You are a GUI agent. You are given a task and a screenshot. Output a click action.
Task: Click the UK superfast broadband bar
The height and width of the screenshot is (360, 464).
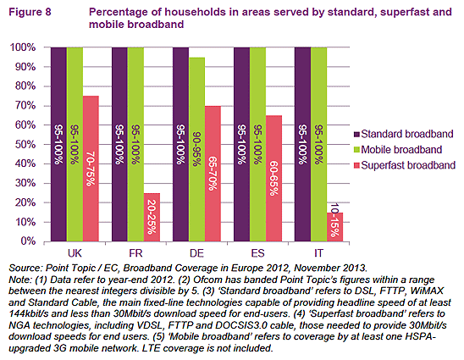pyautogui.click(x=91, y=169)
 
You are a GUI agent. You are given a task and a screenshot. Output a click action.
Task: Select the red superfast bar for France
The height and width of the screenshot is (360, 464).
pyautogui.click(x=152, y=218)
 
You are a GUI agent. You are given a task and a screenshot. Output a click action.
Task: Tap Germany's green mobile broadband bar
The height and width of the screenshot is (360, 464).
pyautogui.click(x=196, y=149)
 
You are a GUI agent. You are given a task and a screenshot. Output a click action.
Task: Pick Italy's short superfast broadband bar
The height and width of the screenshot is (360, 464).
pyautogui.click(x=334, y=227)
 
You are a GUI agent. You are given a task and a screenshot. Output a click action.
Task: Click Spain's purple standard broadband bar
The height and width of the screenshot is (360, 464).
pyautogui.click(x=242, y=144)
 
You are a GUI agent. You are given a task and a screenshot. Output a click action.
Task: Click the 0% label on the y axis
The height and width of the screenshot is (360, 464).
pyautogui.click(x=28, y=241)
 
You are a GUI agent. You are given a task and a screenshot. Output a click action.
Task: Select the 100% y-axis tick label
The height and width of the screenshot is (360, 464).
pyautogui.click(x=23, y=47)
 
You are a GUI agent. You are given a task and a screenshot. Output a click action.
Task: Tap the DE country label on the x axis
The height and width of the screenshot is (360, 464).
pyautogui.click(x=196, y=253)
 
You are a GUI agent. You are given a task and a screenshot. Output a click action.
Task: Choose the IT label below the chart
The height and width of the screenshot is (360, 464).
pyautogui.click(x=318, y=253)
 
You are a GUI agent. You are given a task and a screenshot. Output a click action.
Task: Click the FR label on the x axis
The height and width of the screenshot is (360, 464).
pyautogui.click(x=135, y=253)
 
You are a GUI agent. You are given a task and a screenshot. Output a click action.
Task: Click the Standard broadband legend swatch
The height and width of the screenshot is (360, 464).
pyautogui.click(x=356, y=134)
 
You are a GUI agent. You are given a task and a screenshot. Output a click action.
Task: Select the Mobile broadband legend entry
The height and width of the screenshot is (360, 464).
pyautogui.click(x=398, y=150)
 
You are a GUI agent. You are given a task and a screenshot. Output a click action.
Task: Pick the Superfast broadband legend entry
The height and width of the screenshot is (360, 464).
pyautogui.click(x=405, y=165)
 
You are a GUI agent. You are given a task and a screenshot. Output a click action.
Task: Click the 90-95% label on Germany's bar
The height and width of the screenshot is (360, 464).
pyautogui.click(x=196, y=149)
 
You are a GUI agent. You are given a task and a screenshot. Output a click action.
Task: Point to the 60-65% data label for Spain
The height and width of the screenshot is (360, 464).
pyautogui.click(x=273, y=178)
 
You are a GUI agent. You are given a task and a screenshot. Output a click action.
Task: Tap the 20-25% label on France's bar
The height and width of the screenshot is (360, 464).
pyautogui.click(x=152, y=217)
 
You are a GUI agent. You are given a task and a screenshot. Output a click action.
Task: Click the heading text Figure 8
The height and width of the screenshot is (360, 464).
pyautogui.click(x=30, y=12)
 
